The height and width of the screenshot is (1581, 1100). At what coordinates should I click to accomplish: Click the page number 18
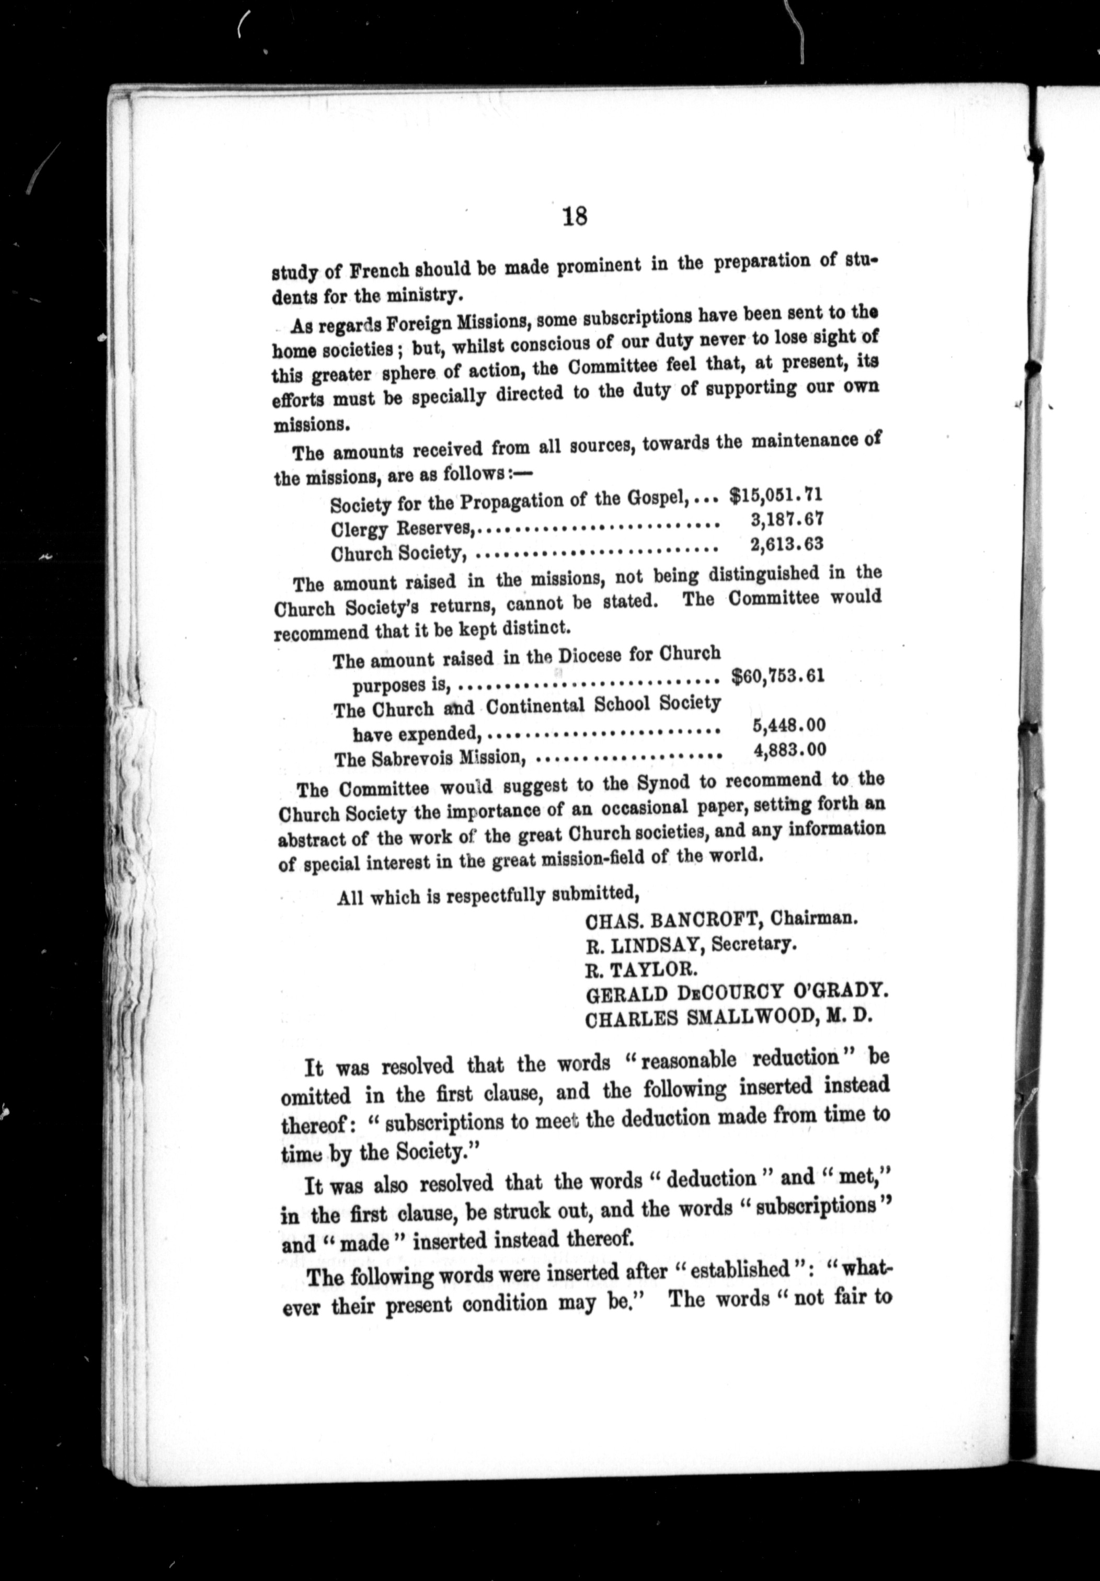(x=575, y=217)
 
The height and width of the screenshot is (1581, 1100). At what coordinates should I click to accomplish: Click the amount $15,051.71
(x=776, y=495)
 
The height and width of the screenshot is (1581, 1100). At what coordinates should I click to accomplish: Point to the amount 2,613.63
(x=787, y=544)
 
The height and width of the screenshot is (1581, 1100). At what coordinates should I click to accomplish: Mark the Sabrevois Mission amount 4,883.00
(x=790, y=750)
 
